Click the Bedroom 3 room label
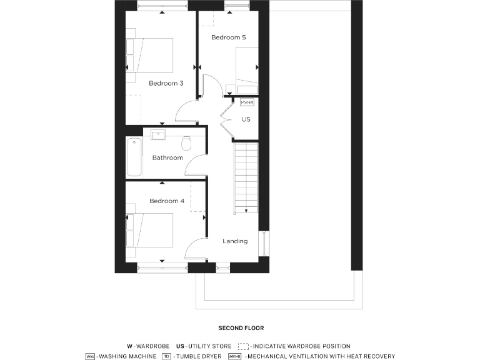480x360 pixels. click(166, 83)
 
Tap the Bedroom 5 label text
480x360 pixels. click(228, 37)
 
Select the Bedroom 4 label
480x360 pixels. click(166, 201)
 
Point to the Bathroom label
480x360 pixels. click(167, 157)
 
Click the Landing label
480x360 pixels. click(235, 241)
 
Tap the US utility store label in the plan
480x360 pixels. click(246, 119)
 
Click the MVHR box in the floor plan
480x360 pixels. click(247, 102)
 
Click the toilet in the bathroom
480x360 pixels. click(186, 143)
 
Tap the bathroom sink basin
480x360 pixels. click(157, 135)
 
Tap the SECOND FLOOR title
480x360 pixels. click(241, 328)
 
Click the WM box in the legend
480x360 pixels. click(91, 356)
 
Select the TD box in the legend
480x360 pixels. click(166, 356)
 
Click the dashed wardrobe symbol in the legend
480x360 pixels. click(243, 346)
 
